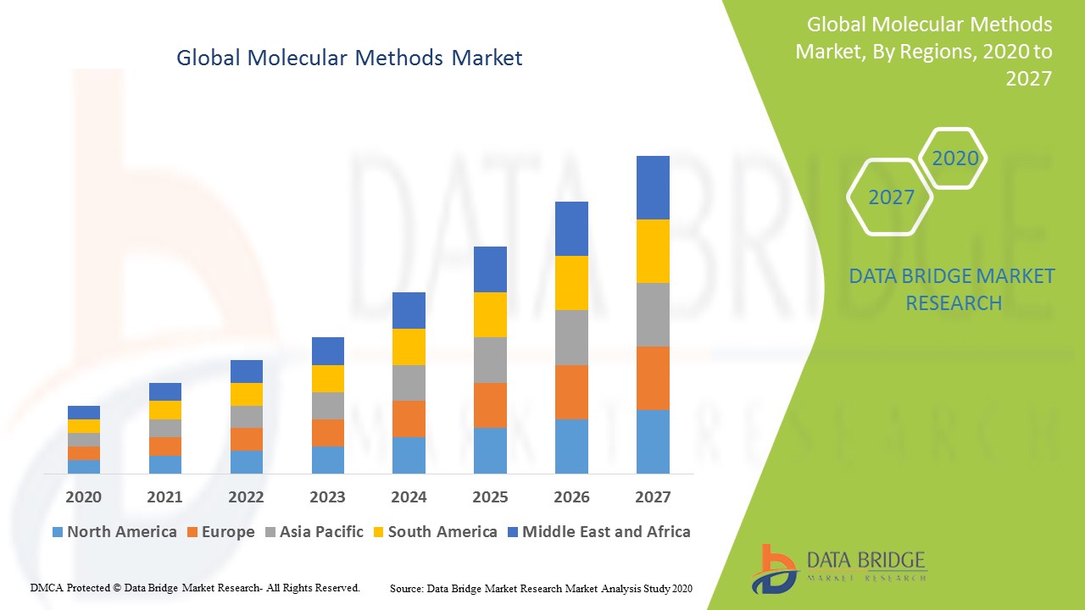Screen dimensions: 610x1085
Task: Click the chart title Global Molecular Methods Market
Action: click(x=349, y=58)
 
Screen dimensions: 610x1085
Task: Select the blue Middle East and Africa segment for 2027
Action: click(x=653, y=187)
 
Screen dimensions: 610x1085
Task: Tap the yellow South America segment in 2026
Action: click(x=571, y=283)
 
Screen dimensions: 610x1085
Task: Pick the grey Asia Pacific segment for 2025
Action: click(x=490, y=360)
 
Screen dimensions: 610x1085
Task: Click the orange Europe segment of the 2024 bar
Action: click(x=409, y=419)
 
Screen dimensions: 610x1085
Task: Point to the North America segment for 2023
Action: click(x=328, y=459)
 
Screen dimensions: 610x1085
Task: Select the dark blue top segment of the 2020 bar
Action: click(x=84, y=413)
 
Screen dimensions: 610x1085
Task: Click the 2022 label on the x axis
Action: click(x=246, y=496)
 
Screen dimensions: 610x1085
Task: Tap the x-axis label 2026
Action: click(x=571, y=496)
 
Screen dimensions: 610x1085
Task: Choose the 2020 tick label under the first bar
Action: click(x=84, y=496)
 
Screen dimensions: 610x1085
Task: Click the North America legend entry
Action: click(x=114, y=532)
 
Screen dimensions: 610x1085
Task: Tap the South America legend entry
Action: click(x=435, y=532)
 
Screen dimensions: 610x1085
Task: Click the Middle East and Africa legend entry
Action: click(x=598, y=532)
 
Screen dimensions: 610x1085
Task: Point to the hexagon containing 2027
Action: click(x=890, y=197)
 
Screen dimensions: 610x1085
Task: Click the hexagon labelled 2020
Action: click(x=954, y=158)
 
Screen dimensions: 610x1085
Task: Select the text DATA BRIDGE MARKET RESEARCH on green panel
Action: click(x=953, y=290)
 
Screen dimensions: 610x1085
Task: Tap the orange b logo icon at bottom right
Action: click(x=775, y=568)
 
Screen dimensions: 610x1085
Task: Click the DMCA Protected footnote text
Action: click(x=195, y=587)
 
